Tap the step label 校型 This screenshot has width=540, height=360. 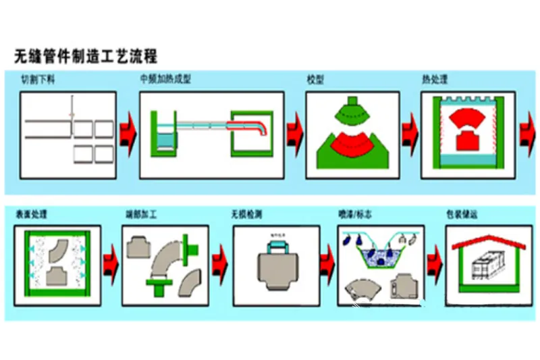pos(315,79)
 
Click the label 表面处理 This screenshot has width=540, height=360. pos(32,215)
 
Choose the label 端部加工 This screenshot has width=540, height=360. pos(141,215)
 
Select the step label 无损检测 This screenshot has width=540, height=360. pos(248,215)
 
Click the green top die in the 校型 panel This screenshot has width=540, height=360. pos(350,107)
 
